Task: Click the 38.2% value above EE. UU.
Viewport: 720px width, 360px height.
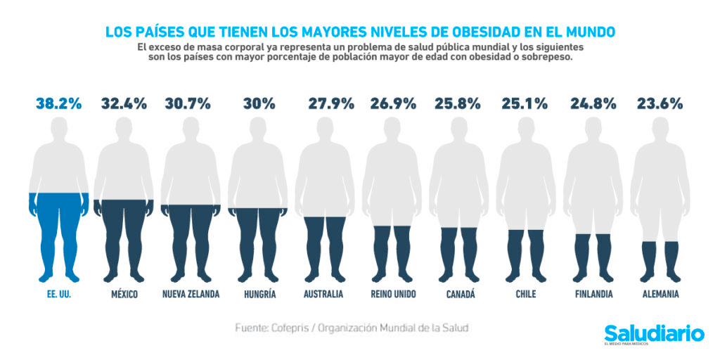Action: pyautogui.click(x=59, y=103)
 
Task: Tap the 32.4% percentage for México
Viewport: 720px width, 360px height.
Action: pyautogui.click(x=124, y=103)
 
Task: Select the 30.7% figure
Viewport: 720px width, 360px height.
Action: pyautogui.click(x=188, y=103)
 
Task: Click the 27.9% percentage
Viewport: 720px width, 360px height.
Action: pyautogui.click(x=331, y=103)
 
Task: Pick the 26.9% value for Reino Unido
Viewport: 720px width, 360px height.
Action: pyautogui.click(x=395, y=103)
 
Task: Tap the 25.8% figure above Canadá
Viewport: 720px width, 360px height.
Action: pyautogui.click(x=458, y=103)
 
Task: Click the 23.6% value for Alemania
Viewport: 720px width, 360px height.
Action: pyautogui.click(x=660, y=103)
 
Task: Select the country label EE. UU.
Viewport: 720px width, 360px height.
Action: pyautogui.click(x=59, y=294)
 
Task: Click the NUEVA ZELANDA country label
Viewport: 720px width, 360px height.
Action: pyautogui.click(x=191, y=294)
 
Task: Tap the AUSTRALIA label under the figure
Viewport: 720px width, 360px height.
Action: pyautogui.click(x=323, y=294)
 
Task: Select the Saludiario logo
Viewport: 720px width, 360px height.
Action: pyautogui.click(x=654, y=333)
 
